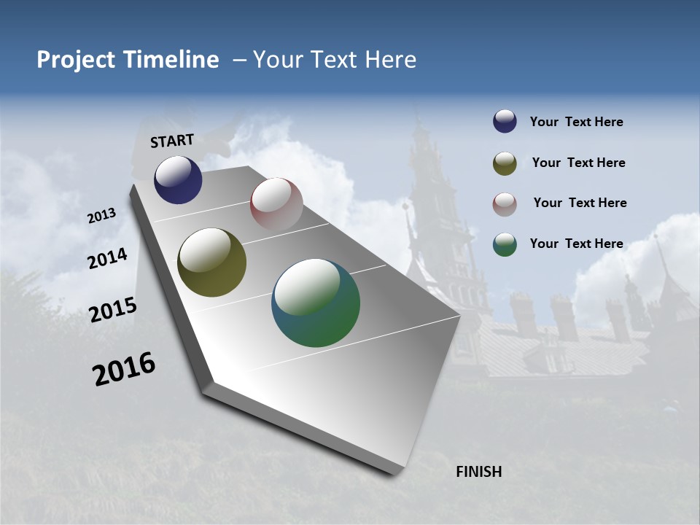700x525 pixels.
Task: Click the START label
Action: click(x=172, y=141)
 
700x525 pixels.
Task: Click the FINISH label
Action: click(x=479, y=472)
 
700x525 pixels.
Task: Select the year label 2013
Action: click(x=102, y=216)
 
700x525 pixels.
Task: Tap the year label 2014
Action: click(x=107, y=259)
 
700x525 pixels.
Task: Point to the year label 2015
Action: click(x=113, y=310)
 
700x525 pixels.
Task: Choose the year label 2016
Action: click(x=124, y=369)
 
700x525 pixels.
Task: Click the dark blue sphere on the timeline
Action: click(x=178, y=179)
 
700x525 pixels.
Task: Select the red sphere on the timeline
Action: click(x=276, y=203)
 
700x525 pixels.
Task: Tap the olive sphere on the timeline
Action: click(x=211, y=262)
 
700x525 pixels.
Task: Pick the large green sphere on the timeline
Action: click(x=316, y=303)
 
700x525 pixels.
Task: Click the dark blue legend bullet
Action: click(x=505, y=122)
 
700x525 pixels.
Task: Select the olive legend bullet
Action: click(x=505, y=163)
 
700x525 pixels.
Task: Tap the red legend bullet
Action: click(x=505, y=203)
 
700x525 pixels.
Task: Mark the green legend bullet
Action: click(x=505, y=244)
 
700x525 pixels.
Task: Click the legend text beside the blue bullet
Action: click(x=576, y=122)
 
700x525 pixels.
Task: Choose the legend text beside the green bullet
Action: click(x=576, y=244)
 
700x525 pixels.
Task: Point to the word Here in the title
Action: click(x=390, y=60)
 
